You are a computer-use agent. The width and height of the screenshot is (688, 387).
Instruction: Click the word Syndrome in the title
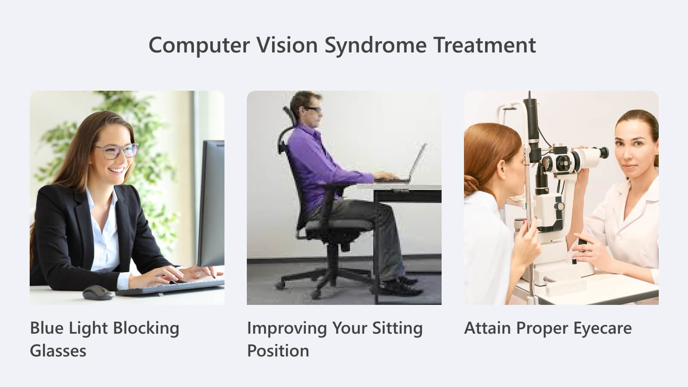376,46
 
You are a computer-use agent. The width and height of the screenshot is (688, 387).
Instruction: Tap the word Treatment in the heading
485,45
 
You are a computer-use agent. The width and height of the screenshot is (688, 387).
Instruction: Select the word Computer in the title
199,46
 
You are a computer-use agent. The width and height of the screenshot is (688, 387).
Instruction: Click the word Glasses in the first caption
58,351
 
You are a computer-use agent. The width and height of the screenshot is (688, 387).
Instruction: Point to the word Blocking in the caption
146,329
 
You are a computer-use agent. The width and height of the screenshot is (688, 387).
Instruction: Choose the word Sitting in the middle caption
397,329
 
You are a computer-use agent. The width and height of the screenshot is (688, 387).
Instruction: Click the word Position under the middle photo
278,351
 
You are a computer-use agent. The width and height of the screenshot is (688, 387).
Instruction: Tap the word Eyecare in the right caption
602,329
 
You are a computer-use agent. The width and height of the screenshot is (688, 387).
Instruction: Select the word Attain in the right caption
488,328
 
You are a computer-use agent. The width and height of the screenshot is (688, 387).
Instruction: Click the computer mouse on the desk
98,293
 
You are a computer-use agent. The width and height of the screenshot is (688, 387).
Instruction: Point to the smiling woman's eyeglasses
117,151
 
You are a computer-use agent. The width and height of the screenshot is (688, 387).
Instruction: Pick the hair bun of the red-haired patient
471,185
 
